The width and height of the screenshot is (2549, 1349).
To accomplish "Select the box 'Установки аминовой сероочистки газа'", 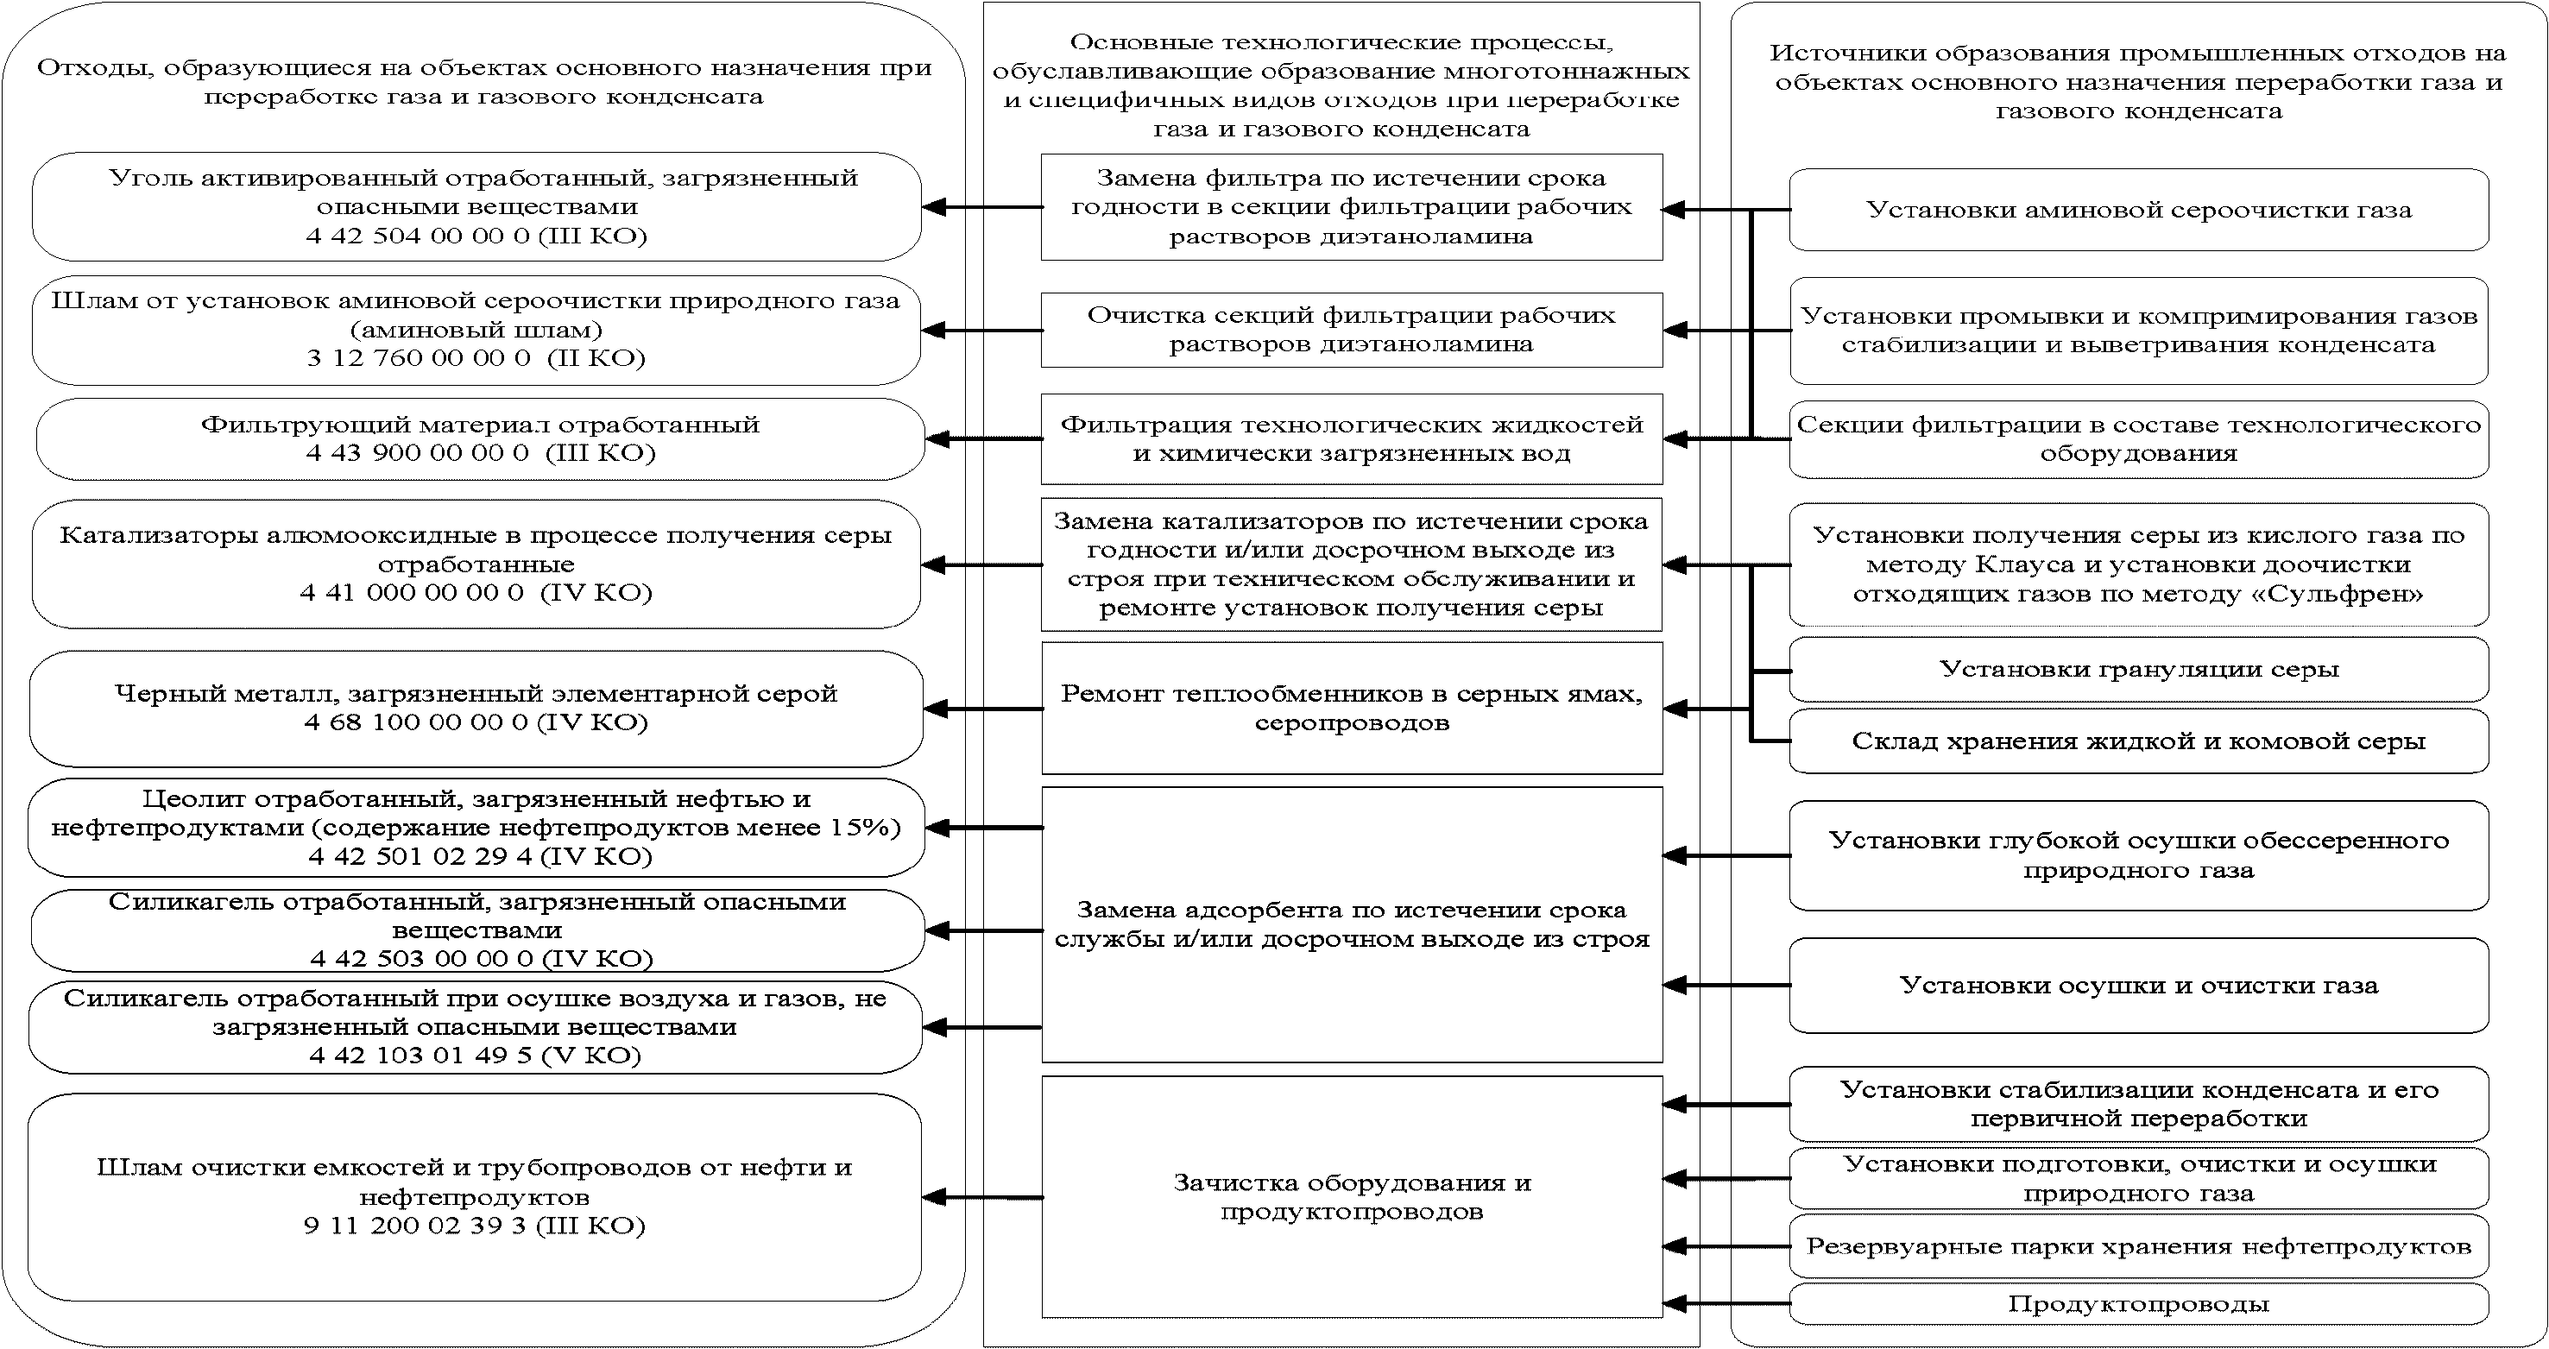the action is coord(2138,210).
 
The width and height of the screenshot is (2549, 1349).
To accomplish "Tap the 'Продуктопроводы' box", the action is coord(2138,1303).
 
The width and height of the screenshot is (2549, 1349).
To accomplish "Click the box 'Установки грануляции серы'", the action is coord(2138,669).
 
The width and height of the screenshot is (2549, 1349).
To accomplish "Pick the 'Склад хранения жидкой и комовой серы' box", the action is coord(2138,741).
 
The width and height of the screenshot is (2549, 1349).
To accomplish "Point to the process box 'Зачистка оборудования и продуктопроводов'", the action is coord(1352,1196).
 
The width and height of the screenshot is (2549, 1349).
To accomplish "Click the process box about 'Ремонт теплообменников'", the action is coord(1352,708).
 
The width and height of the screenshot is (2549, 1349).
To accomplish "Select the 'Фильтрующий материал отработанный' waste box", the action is coord(480,438).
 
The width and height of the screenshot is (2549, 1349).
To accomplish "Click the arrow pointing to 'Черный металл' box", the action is coord(982,709).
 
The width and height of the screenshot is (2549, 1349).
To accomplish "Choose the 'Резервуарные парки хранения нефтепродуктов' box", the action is coord(2138,1246).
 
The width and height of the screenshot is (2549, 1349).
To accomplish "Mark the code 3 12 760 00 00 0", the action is coord(419,357).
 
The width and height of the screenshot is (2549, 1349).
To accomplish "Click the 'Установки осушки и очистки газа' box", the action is coord(2138,986).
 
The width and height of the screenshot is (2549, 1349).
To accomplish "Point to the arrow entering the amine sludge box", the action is coord(982,331).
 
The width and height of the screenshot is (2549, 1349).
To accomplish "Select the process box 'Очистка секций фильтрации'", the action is coord(1352,330).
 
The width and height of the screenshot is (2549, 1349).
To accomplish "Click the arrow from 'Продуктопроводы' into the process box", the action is coord(1726,1303).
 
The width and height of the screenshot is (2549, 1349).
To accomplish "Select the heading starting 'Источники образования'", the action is coord(2138,82).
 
